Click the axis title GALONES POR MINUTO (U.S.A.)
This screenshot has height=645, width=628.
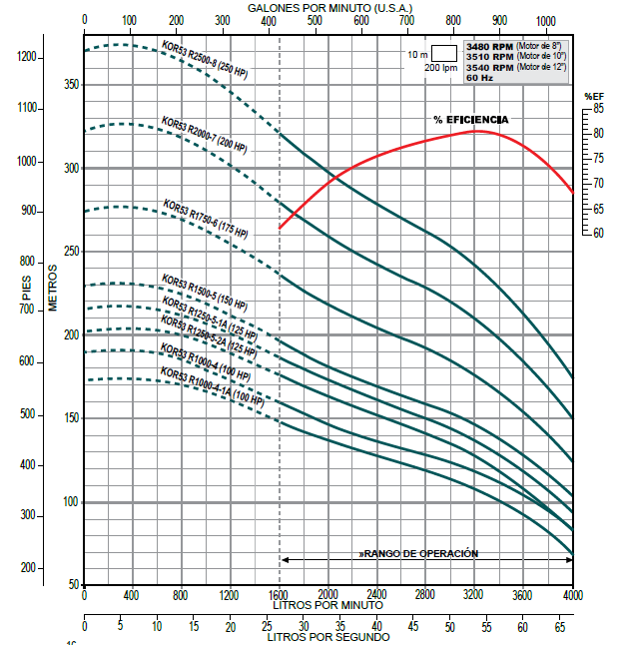(326, 7)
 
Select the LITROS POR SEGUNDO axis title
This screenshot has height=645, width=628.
(326, 637)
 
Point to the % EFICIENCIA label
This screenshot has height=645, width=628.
(470, 120)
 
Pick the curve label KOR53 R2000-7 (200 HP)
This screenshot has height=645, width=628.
(205, 136)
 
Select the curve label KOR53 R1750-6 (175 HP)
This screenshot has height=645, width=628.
(206, 220)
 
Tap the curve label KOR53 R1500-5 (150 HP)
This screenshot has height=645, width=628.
(205, 292)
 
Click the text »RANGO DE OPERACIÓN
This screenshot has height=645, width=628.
(419, 553)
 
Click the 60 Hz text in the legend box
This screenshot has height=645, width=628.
(479, 77)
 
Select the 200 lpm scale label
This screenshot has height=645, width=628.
(439, 67)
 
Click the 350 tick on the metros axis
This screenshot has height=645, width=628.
(68, 85)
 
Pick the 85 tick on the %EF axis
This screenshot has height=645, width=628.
(598, 108)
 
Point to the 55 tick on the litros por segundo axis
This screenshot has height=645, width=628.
(486, 626)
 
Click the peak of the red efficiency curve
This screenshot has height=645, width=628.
(477, 131)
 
